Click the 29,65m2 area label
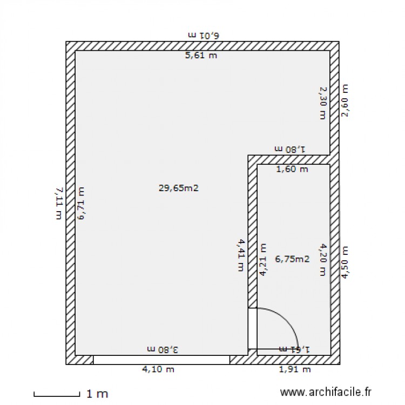pyautogui.click(x=179, y=188)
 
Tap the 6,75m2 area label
pyautogui.click(x=292, y=259)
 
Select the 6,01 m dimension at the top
pyautogui.click(x=204, y=35)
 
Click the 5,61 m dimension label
pyautogui.click(x=201, y=55)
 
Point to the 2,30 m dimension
pyautogui.click(x=322, y=103)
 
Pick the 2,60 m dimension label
pyautogui.click(x=345, y=100)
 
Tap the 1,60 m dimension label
pyautogui.click(x=292, y=170)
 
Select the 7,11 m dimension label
pyautogui.click(x=58, y=203)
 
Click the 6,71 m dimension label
pyautogui.click(x=82, y=203)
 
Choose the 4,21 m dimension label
pyautogui.click(x=263, y=260)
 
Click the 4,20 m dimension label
pyautogui.click(x=323, y=260)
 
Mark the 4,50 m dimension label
pyautogui.click(x=345, y=262)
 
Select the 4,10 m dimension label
pyautogui.click(x=158, y=370)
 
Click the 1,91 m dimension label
pyautogui.click(x=295, y=370)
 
